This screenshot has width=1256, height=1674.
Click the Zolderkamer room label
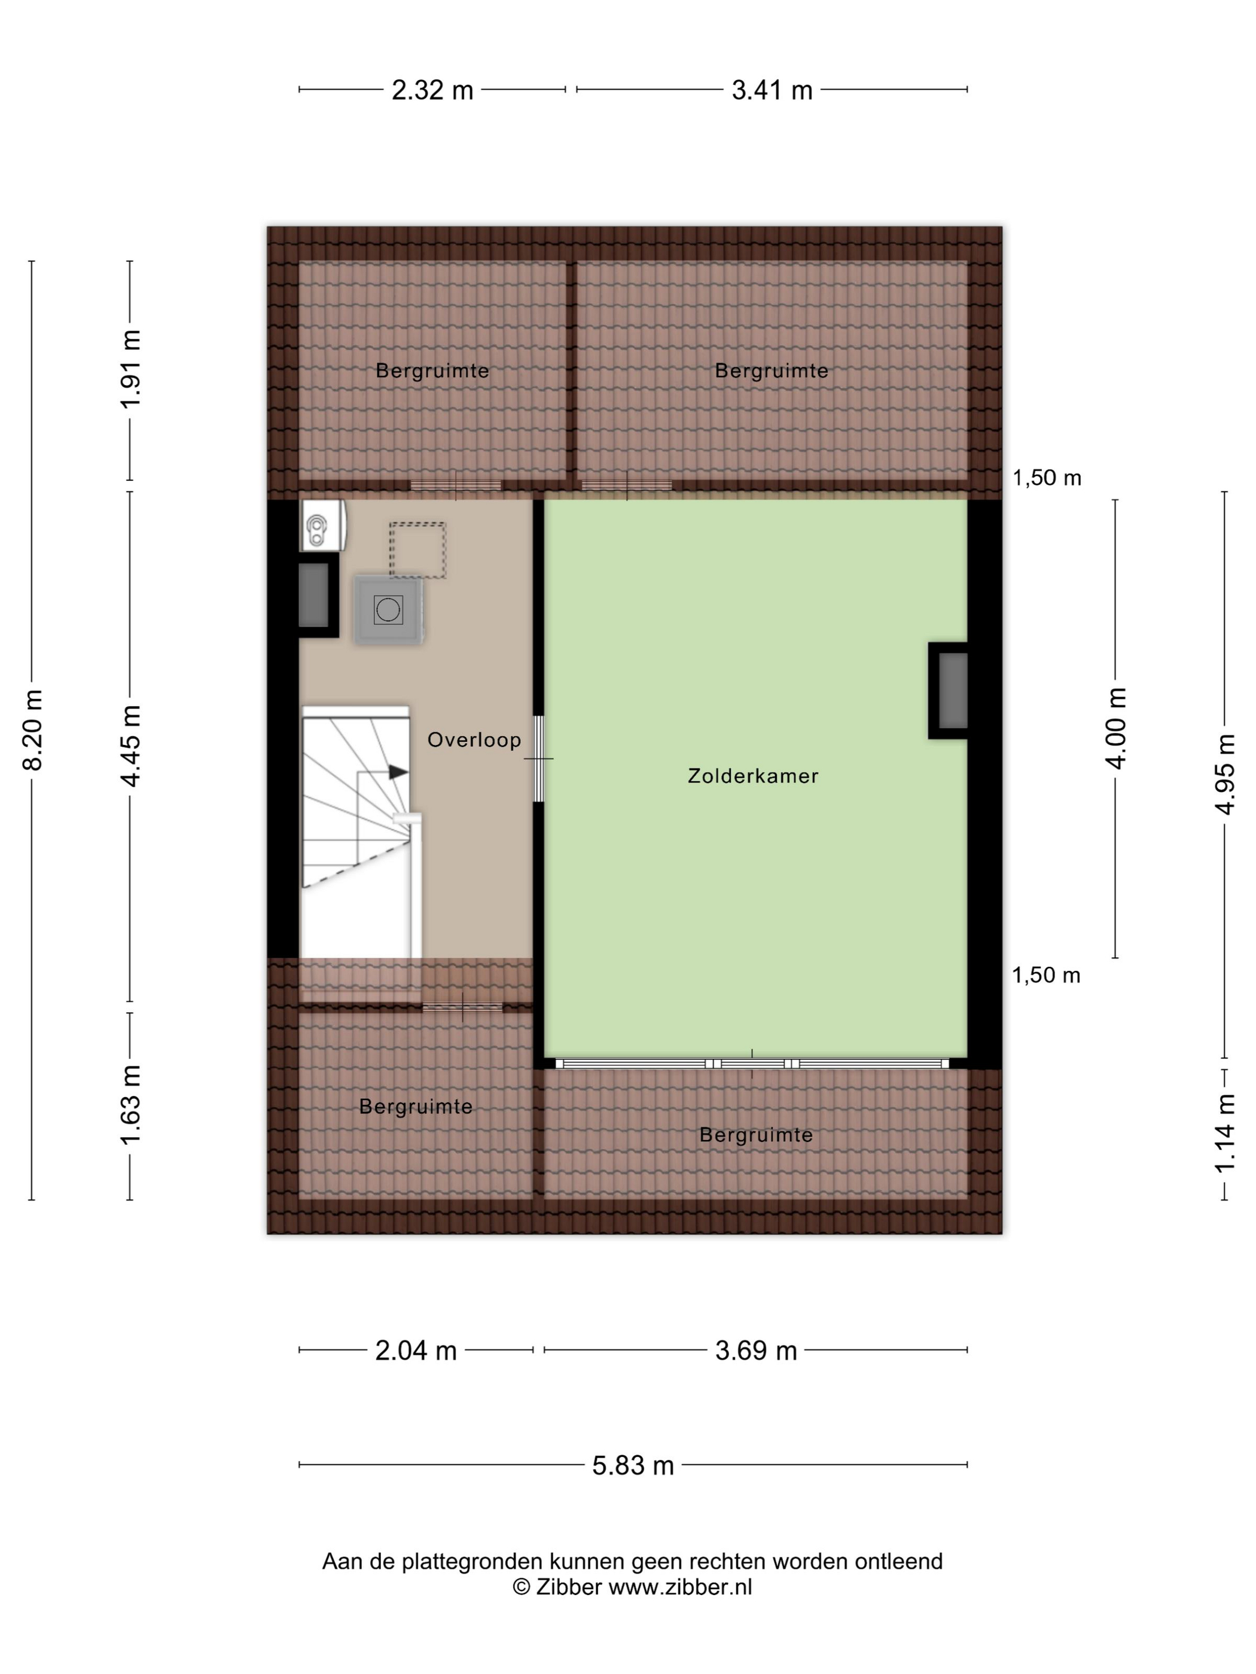[x=752, y=775]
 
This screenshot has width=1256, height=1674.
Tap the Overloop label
[x=474, y=740]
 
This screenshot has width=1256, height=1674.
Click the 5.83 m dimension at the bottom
[x=633, y=1466]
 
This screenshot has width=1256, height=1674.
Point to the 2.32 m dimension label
[x=432, y=90]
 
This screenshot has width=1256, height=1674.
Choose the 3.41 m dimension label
[x=772, y=90]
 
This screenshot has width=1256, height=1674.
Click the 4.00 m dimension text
[x=1117, y=728]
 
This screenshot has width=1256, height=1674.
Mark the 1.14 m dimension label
[x=1225, y=1134]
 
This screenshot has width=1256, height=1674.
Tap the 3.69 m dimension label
[x=757, y=1351]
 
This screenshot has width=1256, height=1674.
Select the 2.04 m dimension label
[x=416, y=1351]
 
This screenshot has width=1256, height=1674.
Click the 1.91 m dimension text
[x=131, y=369]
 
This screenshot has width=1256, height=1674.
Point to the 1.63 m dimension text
[x=131, y=1104]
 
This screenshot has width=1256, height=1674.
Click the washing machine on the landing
[x=388, y=610]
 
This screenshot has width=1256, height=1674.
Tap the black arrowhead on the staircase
[x=398, y=772]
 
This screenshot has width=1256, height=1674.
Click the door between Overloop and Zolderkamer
[x=539, y=758]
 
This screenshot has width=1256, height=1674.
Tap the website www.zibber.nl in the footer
[x=680, y=1587]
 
